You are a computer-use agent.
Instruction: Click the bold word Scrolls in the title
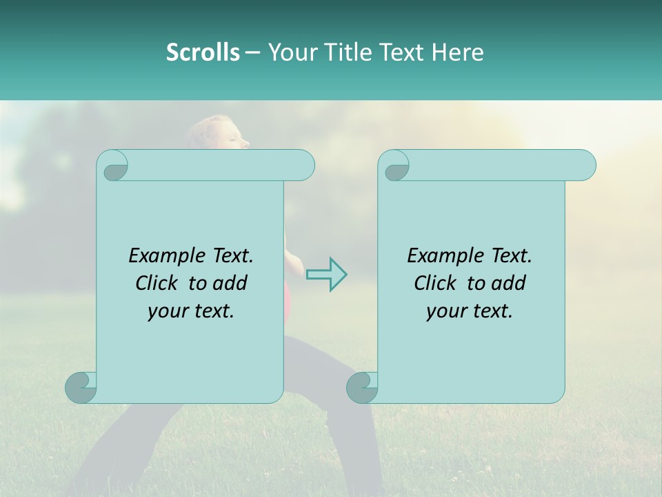point(203,52)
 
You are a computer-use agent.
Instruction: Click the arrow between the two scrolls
point(326,274)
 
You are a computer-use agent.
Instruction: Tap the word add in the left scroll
point(230,283)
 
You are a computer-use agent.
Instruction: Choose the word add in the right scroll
point(509,283)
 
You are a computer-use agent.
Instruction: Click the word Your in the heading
point(291,52)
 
